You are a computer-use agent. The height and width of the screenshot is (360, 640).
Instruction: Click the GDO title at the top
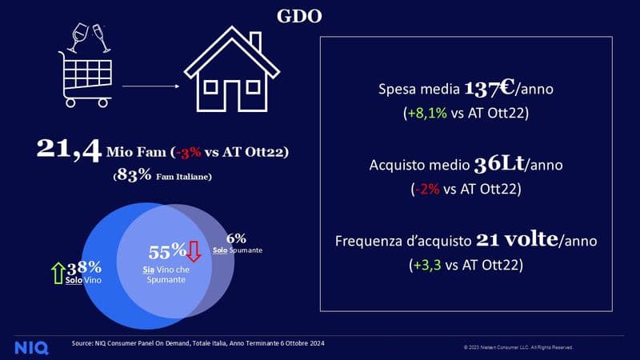pos(299,15)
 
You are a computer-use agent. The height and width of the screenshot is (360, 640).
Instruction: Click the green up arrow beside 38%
pos(57,273)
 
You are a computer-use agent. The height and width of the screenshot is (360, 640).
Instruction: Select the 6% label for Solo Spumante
pos(236,238)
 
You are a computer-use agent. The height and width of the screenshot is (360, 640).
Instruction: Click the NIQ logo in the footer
pos(30,347)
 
